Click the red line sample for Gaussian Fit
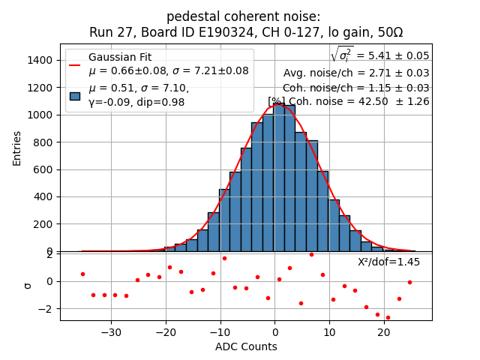75,64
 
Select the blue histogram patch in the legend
75,95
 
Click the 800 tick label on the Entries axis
43,142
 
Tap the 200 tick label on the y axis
43,224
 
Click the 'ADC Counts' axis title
246,346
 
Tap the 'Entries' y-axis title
17,148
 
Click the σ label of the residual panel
28,286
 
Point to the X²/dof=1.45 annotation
388,262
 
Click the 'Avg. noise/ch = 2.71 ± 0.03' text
356,73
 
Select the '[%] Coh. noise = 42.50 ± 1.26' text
349,101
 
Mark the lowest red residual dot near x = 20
388,317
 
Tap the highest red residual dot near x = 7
311,255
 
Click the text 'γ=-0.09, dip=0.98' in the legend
136,102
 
